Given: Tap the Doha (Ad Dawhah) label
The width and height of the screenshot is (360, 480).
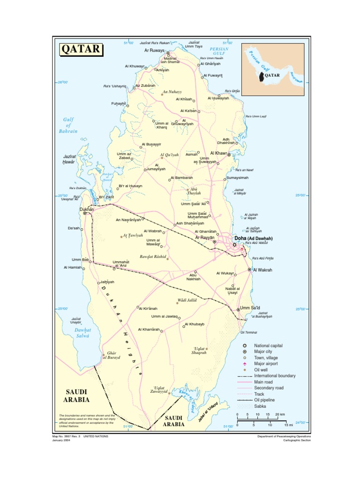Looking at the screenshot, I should click(x=253, y=239).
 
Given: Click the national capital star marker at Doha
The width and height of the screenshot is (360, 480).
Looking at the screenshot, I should click(x=234, y=245).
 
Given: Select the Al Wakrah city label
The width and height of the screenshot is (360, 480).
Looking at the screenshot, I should click(x=262, y=270).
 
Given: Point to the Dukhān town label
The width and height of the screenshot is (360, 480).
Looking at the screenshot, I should click(x=87, y=210).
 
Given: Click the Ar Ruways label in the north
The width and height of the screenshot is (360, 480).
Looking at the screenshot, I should click(x=154, y=50).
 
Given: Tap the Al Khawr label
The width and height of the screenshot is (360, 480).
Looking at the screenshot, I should click(x=218, y=153).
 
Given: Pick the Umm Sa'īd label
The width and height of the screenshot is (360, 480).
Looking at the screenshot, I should click(x=250, y=308).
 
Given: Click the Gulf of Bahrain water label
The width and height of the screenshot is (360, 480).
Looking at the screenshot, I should click(x=68, y=126).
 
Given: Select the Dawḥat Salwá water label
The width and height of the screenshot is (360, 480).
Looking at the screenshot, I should click(x=82, y=333).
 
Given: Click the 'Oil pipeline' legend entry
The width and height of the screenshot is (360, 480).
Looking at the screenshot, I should click(x=264, y=400).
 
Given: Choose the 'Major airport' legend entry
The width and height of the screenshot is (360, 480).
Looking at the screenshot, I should click(x=266, y=363).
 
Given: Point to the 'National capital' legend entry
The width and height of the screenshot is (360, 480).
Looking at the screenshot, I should click(x=268, y=345).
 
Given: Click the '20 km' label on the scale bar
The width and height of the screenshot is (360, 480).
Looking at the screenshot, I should click(x=280, y=415).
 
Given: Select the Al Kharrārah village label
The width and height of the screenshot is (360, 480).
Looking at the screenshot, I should click(x=149, y=330).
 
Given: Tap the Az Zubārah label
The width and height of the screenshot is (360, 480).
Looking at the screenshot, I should click(x=145, y=86).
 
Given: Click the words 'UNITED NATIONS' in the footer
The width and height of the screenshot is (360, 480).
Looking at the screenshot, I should click(x=96, y=436).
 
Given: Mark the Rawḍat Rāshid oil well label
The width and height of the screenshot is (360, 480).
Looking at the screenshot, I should click(x=153, y=257).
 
